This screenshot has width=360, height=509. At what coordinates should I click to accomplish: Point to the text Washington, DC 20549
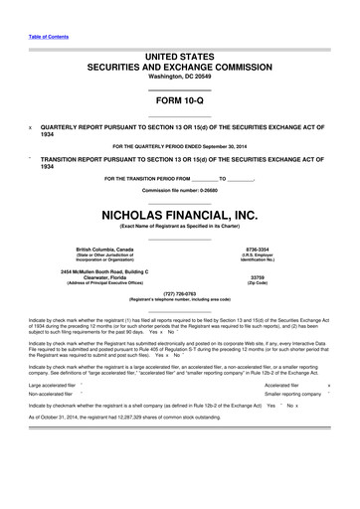(179, 77)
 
